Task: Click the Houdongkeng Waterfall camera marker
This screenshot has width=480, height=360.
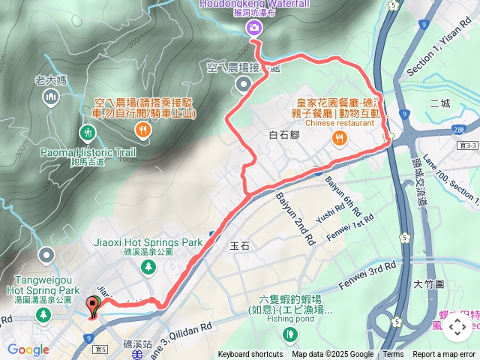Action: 253,28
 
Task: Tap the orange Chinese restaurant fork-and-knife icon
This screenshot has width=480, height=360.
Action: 340,137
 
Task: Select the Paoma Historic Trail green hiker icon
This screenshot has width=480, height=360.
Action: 88,133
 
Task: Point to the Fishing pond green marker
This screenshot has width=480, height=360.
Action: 279,334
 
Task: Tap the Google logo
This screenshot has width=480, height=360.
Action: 28,349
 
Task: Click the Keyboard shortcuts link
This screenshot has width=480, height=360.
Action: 250,355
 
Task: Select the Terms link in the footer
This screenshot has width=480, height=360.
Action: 393,355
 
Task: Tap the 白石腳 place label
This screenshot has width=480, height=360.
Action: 283,135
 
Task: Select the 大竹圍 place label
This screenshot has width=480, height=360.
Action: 429,284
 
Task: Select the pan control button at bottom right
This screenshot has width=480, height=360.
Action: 457,327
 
